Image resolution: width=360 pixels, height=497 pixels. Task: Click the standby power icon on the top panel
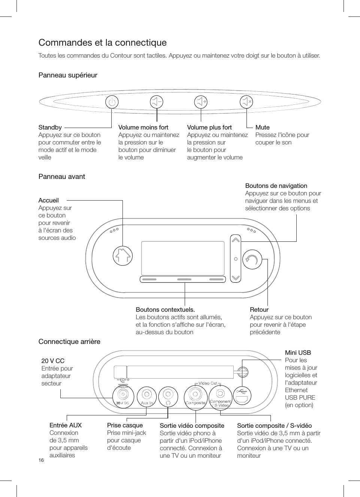[112, 101]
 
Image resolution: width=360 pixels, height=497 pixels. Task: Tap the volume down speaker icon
[157, 101]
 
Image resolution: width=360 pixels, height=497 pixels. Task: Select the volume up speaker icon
[201, 101]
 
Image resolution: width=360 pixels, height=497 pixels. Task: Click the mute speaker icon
[246, 101]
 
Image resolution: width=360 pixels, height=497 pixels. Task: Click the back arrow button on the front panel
[252, 259]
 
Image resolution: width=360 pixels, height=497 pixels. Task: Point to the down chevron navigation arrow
[236, 278]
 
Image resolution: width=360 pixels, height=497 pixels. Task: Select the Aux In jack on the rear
[146, 394]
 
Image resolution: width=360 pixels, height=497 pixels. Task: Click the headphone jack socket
[168, 394]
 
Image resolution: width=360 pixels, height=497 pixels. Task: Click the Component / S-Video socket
[220, 394]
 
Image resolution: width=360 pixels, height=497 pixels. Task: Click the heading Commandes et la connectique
[102, 43]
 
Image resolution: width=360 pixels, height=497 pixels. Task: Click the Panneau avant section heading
[62, 177]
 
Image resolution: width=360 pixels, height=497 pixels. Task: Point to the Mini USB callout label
[298, 353]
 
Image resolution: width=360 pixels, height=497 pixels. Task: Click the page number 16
[41, 460]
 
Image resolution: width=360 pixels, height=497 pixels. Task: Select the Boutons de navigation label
[276, 186]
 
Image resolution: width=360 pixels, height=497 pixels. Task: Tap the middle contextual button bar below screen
[184, 279]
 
